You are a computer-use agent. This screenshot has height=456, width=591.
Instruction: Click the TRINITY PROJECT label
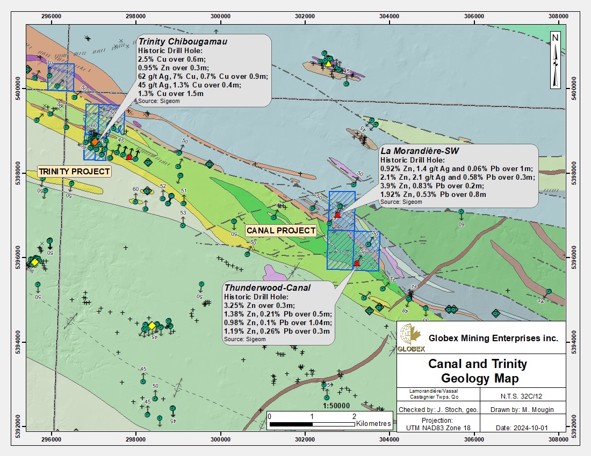click(x=74, y=172)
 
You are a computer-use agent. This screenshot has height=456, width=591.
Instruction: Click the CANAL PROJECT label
click(x=281, y=231)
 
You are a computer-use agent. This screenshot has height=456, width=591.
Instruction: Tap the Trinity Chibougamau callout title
click(x=183, y=41)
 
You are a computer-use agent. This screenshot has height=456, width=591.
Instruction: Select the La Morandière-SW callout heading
click(x=417, y=151)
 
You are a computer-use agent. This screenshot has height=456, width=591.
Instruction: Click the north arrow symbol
click(x=556, y=59)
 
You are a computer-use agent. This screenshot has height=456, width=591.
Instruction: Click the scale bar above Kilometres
click(x=312, y=424)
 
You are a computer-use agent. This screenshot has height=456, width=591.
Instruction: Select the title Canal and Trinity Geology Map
click(x=477, y=371)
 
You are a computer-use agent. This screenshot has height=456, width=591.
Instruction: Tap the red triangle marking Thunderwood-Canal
click(x=357, y=263)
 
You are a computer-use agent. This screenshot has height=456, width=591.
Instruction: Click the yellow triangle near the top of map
click(x=328, y=64)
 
